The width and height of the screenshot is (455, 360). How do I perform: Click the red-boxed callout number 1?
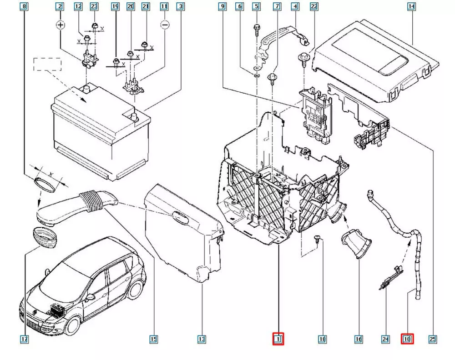tap(278, 339)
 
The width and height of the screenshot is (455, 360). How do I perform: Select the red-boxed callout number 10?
tap(407, 339)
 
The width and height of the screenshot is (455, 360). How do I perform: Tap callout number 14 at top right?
tap(411, 7)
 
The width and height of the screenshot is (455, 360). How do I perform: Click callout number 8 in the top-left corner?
tap(25, 7)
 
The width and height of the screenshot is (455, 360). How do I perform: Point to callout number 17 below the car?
tap(25, 339)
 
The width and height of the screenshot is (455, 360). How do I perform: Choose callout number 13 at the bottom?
tap(202, 339)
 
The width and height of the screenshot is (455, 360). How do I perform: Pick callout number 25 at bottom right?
tap(433, 339)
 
